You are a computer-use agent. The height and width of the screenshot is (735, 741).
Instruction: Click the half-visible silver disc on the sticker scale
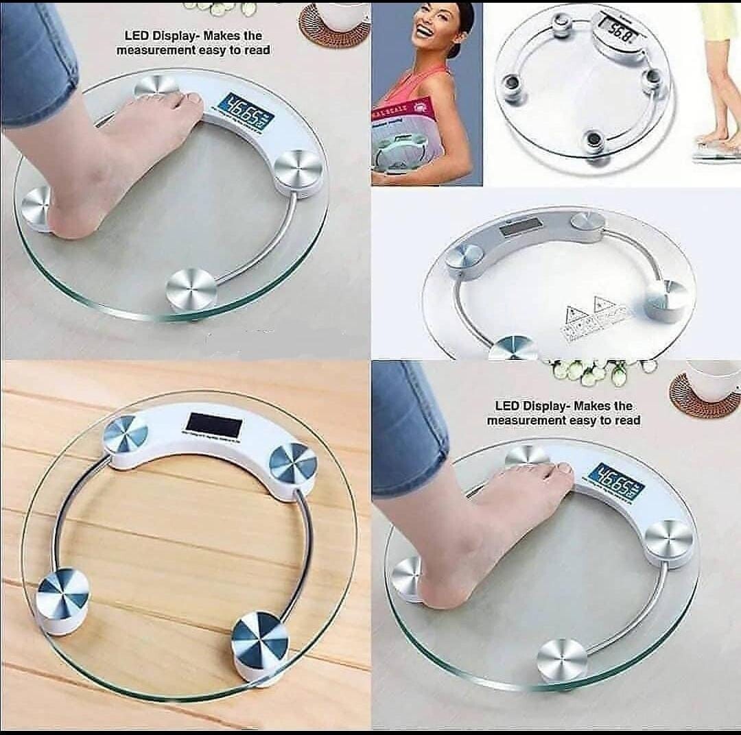point(513,348)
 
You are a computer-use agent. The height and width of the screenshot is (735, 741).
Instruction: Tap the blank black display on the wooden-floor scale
point(213,425)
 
